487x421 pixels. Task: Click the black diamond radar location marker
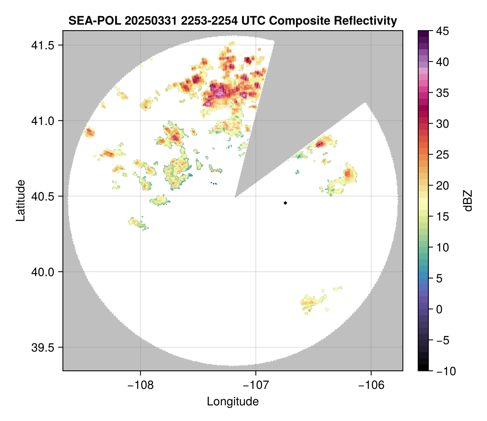click(x=286, y=203)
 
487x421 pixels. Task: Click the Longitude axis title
click(x=232, y=401)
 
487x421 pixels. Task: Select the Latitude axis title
click(x=20, y=200)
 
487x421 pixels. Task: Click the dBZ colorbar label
click(x=468, y=200)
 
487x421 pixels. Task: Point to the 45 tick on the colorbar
click(x=442, y=31)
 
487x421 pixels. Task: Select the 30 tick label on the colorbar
click(x=442, y=124)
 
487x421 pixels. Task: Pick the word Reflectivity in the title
click(x=368, y=20)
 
